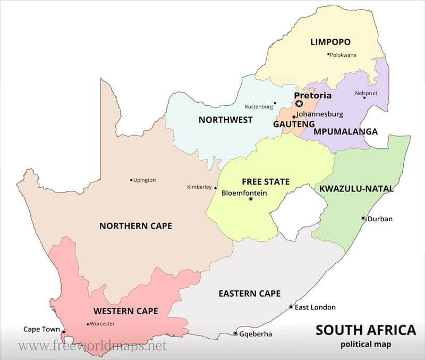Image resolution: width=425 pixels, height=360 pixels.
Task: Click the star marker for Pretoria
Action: click(299, 104)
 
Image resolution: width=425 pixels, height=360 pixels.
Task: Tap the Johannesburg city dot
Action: click(293, 116)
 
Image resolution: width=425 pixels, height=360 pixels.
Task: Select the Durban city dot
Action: click(363, 218)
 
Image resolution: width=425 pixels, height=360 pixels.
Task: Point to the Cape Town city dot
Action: click(63, 332)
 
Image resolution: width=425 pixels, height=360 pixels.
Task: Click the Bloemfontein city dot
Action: click(251, 199)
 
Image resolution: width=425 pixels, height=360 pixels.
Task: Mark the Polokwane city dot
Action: click(329, 54)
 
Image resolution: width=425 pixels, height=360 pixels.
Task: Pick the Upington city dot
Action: click(131, 180)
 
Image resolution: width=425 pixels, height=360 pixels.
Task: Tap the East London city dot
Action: click(291, 307)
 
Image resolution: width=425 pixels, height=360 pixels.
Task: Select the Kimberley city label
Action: click(199, 187)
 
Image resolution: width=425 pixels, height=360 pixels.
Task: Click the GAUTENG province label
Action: click(290, 124)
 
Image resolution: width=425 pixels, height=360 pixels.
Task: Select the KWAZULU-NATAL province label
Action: click(356, 188)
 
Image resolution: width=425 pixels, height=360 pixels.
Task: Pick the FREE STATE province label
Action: click(266, 181)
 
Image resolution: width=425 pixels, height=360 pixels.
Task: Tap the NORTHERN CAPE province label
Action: click(135, 226)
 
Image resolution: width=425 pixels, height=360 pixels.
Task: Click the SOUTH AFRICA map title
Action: click(365, 330)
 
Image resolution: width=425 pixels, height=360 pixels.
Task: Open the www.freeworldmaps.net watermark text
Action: click(92, 346)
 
